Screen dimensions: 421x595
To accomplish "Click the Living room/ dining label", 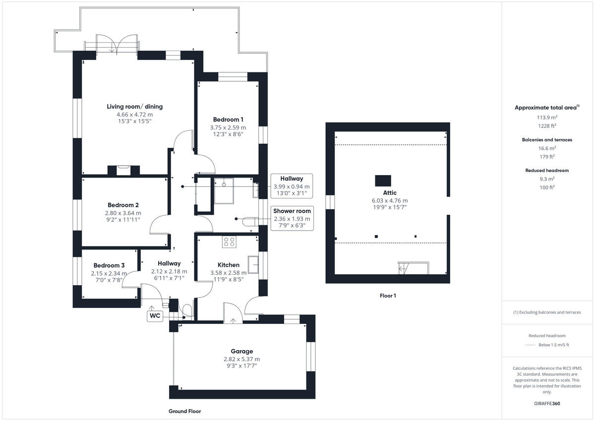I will (134, 107).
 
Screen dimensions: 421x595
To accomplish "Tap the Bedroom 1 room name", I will (228, 120).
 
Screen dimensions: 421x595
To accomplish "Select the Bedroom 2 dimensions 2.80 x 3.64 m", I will (123, 213).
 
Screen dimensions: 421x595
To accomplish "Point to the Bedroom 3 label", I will (109, 265).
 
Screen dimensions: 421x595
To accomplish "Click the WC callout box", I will (155, 315).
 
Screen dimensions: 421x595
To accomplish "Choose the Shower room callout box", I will (292, 218).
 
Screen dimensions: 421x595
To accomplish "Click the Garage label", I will (241, 351).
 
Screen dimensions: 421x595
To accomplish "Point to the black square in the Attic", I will (382, 180).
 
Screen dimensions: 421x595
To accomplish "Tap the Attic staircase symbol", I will (404, 269).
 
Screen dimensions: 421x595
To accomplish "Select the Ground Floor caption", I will (184, 411).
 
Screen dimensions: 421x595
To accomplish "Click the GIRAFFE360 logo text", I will (548, 404).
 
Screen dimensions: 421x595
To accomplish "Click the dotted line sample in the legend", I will (530, 345).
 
